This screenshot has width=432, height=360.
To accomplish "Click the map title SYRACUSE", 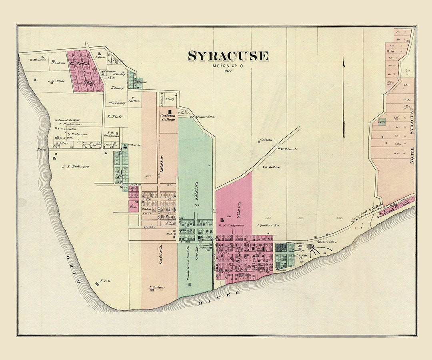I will click(228, 56).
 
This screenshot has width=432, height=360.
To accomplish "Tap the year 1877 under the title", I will click(228, 71).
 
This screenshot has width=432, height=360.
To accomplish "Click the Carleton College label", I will click(168, 118).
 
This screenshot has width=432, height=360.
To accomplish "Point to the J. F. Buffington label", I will click(76, 166).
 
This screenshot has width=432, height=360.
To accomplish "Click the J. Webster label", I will click(266, 140).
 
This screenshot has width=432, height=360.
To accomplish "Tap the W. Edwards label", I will click(289, 149).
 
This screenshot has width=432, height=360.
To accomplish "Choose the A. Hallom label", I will click(272, 167).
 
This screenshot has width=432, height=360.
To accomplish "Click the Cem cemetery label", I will click(382, 122).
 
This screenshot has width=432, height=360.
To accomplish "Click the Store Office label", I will click(328, 242).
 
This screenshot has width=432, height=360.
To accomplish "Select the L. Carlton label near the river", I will click(156, 288).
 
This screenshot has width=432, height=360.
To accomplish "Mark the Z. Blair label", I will click(114, 117).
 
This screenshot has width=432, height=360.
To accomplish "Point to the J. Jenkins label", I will click(58, 63).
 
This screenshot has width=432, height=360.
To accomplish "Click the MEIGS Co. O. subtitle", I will click(228, 66).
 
